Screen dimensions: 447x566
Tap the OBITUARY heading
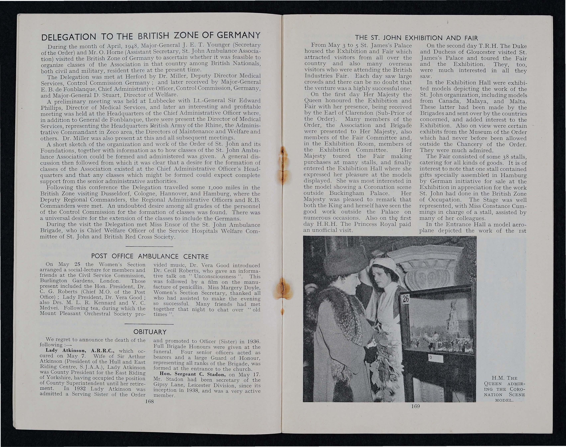pyautogui.click(x=150, y=332)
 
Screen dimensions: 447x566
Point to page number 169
pyautogui.click(x=416, y=413)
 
